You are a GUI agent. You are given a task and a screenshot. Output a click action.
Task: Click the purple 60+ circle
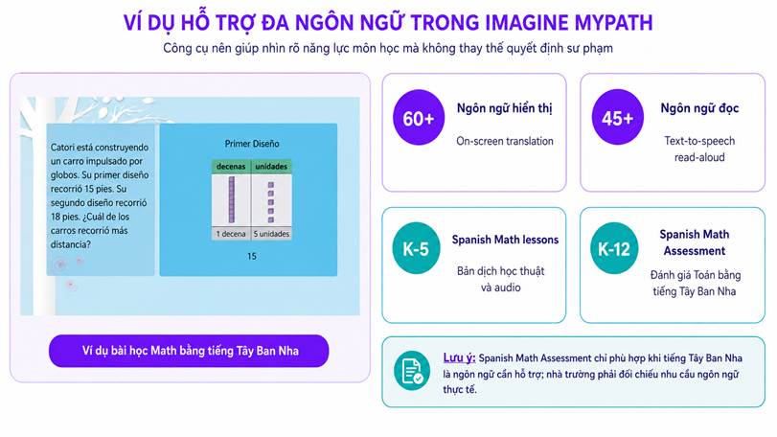419,118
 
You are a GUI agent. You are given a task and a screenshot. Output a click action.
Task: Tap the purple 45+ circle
617,118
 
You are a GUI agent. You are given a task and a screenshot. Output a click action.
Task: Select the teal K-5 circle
416,248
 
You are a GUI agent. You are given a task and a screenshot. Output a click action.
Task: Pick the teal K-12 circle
614,248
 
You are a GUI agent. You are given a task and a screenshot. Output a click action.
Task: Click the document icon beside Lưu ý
412,371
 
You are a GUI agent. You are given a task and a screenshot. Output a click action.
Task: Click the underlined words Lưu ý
459,357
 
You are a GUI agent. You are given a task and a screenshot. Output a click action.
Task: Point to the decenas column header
231,167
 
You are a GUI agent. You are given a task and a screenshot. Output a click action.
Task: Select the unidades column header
271,167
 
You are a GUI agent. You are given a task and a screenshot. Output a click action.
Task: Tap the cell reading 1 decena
231,234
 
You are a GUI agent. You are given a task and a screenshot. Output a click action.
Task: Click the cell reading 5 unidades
271,234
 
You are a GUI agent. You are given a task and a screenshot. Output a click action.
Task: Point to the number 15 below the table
252,256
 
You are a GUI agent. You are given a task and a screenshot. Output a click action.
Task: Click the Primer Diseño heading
252,144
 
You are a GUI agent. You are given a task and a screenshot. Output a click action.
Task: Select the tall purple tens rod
232,199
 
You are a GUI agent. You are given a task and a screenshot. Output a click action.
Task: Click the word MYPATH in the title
613,23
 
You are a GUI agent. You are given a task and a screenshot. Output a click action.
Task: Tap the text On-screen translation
505,141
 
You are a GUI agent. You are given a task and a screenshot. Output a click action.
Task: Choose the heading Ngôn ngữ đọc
699,108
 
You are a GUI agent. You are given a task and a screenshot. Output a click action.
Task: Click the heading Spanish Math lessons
505,240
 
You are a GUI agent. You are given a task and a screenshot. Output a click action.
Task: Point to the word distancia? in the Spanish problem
70,244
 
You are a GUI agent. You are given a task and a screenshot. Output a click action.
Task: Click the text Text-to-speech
699,141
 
